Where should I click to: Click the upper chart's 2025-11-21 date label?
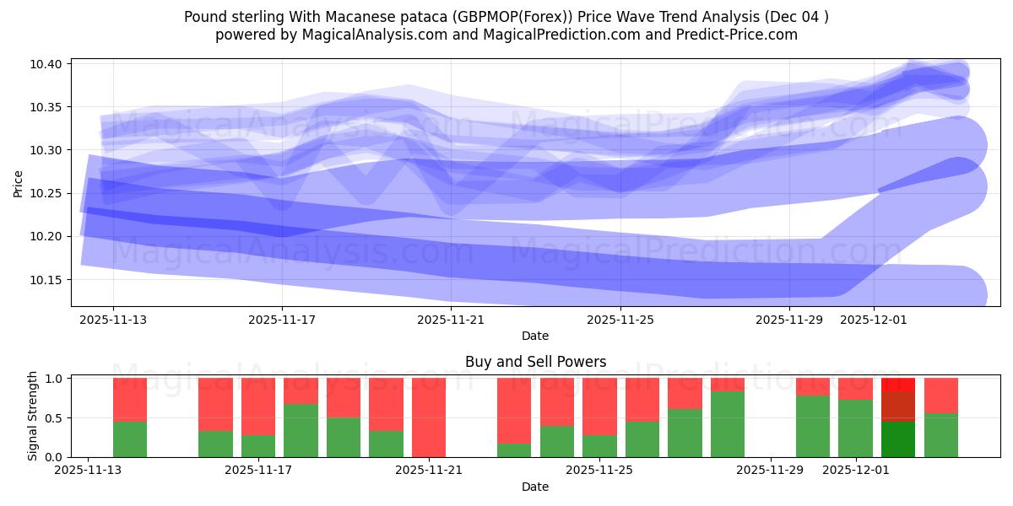pos(451,320)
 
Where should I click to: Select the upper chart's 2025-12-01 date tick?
pos(873,320)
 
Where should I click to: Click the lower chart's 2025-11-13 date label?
pos(87,471)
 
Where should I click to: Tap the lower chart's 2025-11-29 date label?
pos(772,471)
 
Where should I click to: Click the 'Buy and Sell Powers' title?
pos(535,362)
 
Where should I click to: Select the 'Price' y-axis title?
pos(19,182)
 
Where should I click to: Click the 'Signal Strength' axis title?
pos(33,416)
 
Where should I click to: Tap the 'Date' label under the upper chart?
pos(534,336)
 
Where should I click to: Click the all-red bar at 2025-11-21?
pos(429,417)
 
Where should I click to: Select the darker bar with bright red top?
pos(898,417)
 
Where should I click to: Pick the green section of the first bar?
pos(130,439)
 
